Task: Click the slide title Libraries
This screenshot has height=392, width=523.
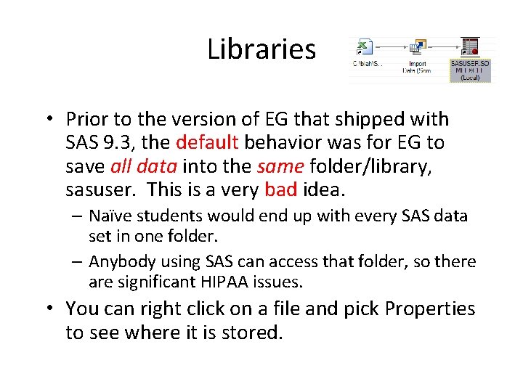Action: tap(261, 49)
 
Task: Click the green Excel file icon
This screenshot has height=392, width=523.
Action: tap(364, 47)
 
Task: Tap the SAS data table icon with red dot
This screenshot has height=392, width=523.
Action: tap(470, 46)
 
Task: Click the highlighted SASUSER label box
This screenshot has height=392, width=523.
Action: tap(470, 70)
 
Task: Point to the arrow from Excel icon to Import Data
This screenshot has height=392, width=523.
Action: tap(390, 48)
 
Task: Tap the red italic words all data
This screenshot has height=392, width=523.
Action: tap(144, 166)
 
